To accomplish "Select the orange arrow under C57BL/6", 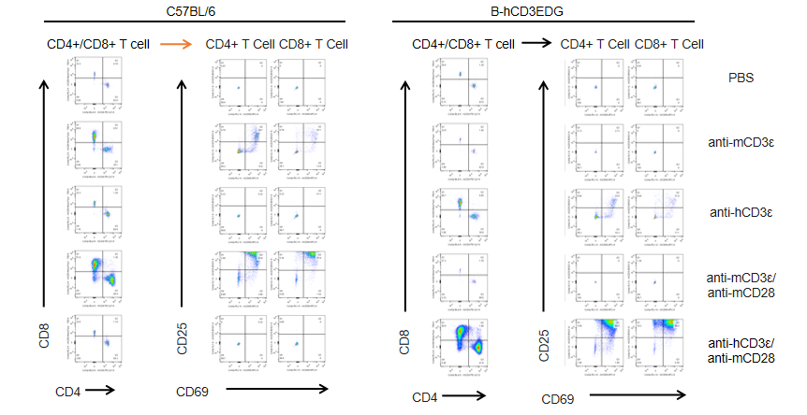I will pos(176,43).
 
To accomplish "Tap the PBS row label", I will pos(741,79).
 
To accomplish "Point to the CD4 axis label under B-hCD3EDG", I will pos(426,397).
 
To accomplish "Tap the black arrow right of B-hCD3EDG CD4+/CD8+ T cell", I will pos(536,43).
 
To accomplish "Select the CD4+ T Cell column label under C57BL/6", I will pos(240,44).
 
